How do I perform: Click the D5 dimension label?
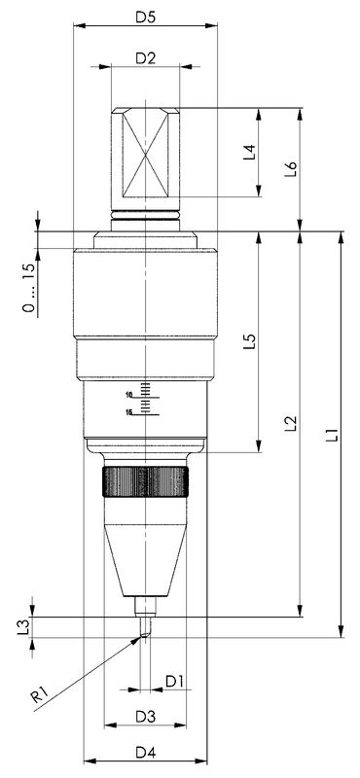click(146, 17)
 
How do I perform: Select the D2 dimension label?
click(146, 58)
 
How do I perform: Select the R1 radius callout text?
click(39, 696)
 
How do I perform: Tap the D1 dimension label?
click(174, 682)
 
